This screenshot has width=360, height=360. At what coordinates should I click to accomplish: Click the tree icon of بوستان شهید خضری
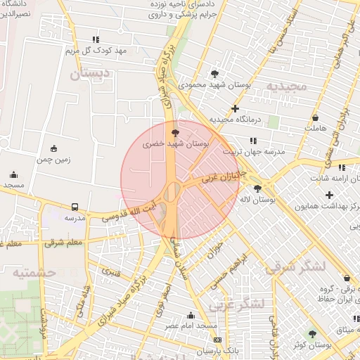175,131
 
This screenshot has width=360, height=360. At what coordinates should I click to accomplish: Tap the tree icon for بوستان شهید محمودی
214,73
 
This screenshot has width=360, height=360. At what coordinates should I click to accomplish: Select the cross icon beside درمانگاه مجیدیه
235,108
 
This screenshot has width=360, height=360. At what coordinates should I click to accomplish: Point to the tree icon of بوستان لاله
258,188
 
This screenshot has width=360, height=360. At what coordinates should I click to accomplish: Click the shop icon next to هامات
314,117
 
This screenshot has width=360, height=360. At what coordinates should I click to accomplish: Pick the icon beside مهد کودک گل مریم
96,39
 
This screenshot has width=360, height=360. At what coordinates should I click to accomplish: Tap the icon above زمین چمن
54,148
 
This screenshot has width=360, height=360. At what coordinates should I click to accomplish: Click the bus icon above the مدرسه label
75,207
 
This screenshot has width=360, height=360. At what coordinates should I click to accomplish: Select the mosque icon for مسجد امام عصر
191,315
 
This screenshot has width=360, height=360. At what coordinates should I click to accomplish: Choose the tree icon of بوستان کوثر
313,333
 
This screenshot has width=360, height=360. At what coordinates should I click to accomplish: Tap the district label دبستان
91,72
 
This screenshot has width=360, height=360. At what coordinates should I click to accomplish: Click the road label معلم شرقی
64,243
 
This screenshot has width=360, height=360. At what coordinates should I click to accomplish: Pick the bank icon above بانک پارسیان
217,340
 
